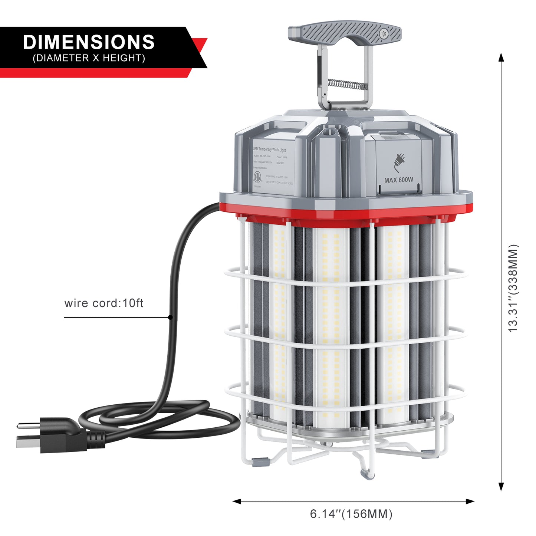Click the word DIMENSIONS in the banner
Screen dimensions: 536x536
pyautogui.click(x=89, y=42)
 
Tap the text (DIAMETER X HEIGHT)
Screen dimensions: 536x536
pyautogui.click(x=89, y=58)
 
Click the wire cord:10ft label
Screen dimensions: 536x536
pyautogui.click(x=104, y=303)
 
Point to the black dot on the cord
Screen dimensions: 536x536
pyautogui.click(x=170, y=317)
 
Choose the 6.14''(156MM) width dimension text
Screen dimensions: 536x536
pyautogui.click(x=351, y=514)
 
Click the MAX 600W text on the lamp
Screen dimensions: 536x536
pyautogui.click(x=398, y=180)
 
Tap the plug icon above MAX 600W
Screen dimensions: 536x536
pyautogui.click(x=399, y=162)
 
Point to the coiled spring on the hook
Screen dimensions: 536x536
pyautogui.click(x=347, y=84)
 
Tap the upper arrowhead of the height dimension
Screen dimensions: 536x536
pyautogui.click(x=501, y=57)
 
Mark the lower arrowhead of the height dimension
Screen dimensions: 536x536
pyautogui.click(x=501, y=487)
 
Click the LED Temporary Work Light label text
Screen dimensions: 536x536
pyautogui.click(x=270, y=149)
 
